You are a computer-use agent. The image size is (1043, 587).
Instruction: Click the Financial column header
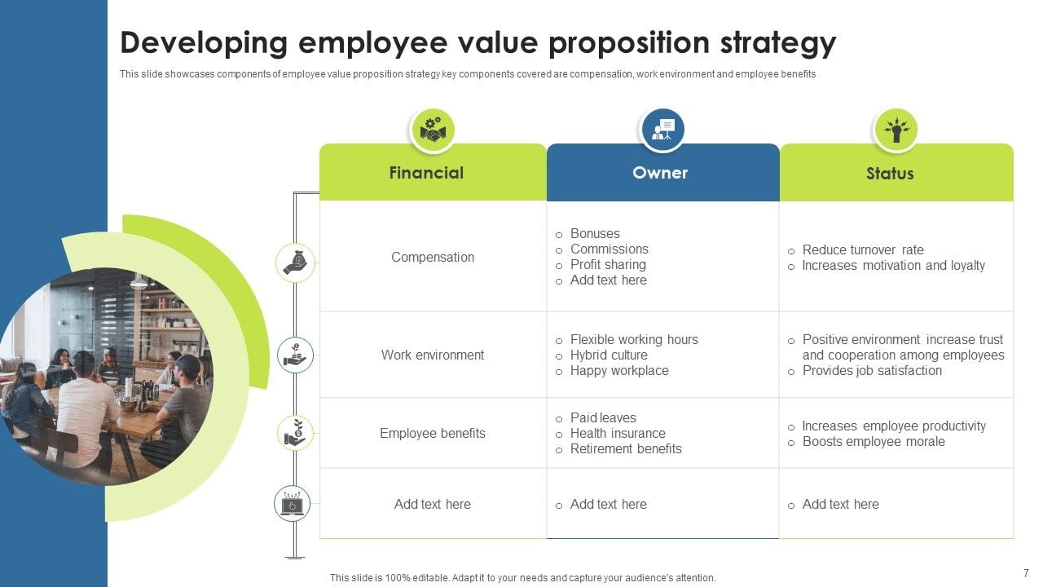click(x=426, y=173)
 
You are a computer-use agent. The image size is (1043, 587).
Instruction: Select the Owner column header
click(x=660, y=173)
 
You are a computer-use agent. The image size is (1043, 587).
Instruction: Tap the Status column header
click(x=890, y=174)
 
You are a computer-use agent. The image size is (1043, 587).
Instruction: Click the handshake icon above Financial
click(x=432, y=130)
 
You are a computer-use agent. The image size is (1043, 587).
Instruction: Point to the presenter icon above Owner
click(x=662, y=130)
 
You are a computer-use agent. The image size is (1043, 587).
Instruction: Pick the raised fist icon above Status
click(x=896, y=130)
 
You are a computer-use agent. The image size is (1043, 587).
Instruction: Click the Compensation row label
click(x=433, y=257)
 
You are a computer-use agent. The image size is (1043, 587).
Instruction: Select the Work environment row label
click(x=433, y=355)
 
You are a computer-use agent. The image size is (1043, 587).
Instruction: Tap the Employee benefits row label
click(x=433, y=433)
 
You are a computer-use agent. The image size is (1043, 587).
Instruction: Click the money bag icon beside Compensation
click(x=295, y=263)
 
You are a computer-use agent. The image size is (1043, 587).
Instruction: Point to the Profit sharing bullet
click(x=608, y=264)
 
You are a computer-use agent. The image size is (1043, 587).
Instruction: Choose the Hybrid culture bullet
click(x=609, y=355)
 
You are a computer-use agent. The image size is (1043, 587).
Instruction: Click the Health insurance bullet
click(x=618, y=433)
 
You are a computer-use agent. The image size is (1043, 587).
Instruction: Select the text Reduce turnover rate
click(x=863, y=249)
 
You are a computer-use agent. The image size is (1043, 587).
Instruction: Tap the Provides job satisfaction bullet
click(x=872, y=370)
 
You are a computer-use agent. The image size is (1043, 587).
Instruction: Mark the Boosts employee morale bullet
click(x=874, y=441)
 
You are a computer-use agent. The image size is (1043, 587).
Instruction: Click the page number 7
click(x=1026, y=573)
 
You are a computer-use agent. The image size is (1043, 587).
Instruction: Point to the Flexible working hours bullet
click(x=634, y=339)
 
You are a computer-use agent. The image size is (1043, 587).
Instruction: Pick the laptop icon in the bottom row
click(x=292, y=504)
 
